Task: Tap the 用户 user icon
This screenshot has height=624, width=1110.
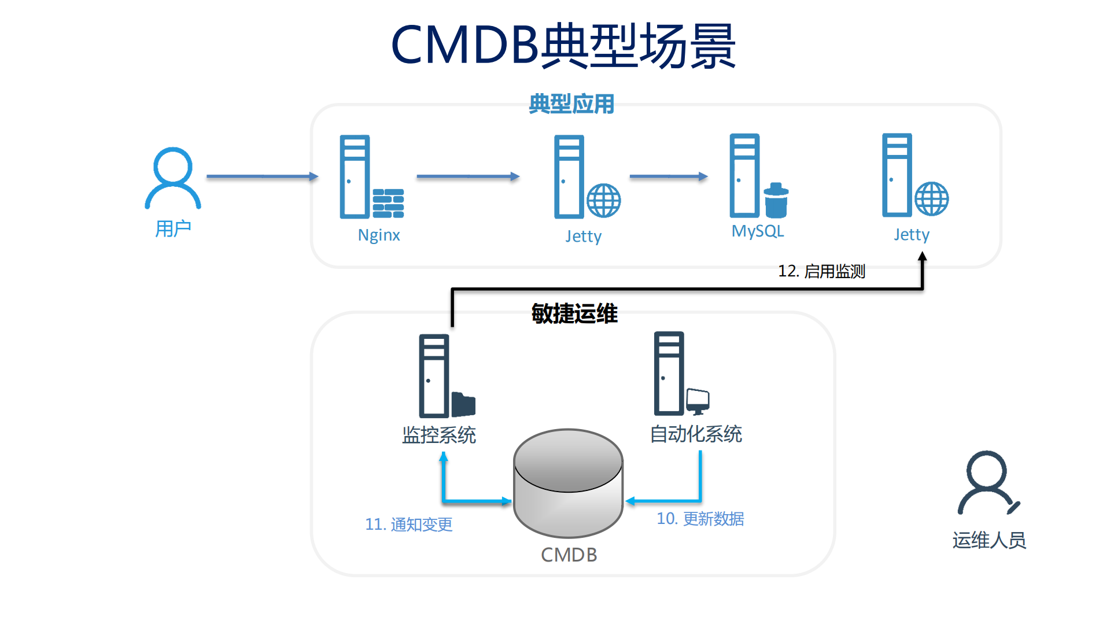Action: point(172,178)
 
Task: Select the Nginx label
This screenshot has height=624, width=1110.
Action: point(379,235)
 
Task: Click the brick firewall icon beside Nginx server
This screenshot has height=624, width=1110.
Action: point(388,204)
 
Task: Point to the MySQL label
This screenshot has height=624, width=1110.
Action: point(757,231)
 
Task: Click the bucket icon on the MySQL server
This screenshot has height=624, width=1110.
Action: point(776,201)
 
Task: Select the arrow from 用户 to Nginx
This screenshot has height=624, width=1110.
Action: point(262,176)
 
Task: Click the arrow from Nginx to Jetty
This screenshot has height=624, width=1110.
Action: point(467,176)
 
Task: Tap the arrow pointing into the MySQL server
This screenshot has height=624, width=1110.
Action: point(668,176)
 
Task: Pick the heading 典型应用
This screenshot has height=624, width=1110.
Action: point(571,104)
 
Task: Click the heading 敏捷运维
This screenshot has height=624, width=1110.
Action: point(574,314)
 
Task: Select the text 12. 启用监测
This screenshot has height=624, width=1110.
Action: point(821,271)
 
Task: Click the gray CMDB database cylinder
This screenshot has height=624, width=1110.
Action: point(568,483)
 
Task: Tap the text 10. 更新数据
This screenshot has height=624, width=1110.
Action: point(700,519)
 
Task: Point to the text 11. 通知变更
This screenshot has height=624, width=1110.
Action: point(408,525)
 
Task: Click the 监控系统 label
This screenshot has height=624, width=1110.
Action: point(438,435)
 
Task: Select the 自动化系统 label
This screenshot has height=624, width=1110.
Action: point(696,434)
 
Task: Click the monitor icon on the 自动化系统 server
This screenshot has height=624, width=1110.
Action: point(698,401)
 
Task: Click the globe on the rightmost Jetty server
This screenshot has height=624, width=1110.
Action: point(931,199)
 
